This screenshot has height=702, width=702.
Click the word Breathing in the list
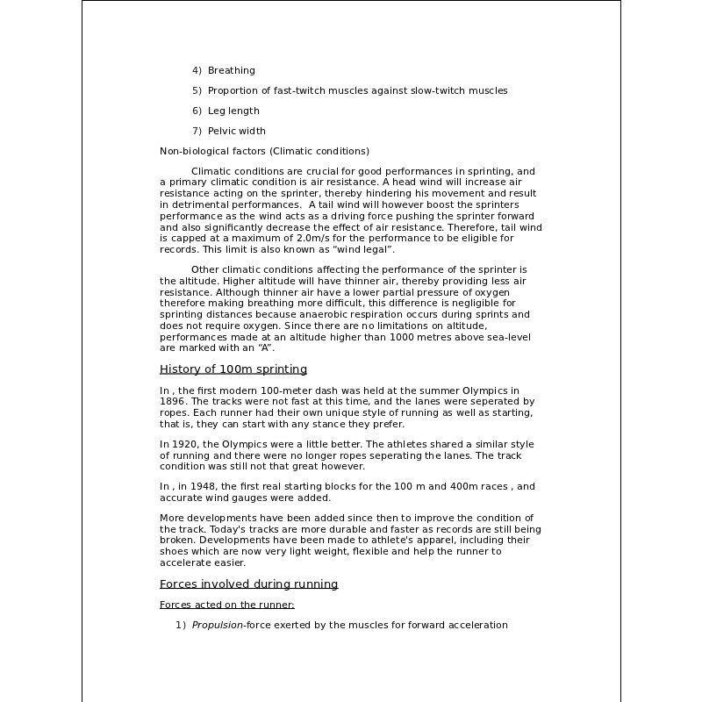click(x=232, y=70)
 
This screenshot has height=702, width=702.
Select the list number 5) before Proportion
click(x=197, y=90)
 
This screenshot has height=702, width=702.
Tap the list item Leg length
click(x=233, y=111)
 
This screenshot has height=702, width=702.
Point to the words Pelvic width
click(x=237, y=131)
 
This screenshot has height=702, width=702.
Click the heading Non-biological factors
click(x=213, y=151)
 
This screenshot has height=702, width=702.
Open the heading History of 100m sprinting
click(x=233, y=369)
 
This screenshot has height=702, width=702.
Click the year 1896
click(x=172, y=400)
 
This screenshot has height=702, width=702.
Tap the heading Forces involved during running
click(x=248, y=584)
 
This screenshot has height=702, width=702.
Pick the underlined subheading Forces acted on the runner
click(x=226, y=605)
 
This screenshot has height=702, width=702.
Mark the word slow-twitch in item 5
click(x=437, y=90)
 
